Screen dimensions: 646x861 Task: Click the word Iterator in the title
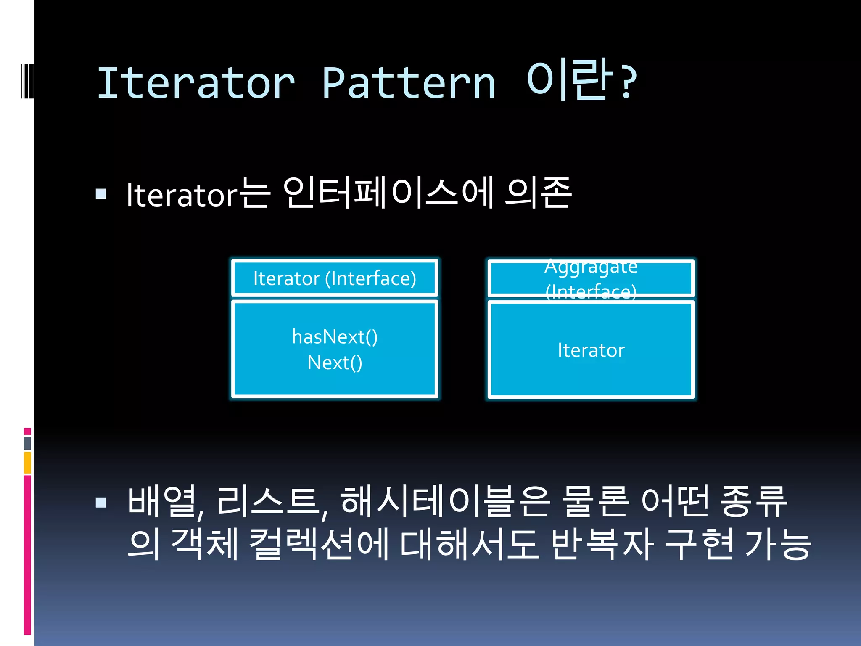[196, 83]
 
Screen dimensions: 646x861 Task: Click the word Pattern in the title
[409, 83]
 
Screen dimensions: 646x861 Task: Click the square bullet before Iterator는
[101, 193]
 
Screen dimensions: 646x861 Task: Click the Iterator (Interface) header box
[335, 278]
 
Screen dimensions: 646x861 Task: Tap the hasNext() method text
[335, 336]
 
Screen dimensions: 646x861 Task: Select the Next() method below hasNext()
[335, 363]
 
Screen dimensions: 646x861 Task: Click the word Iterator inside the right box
[591, 350]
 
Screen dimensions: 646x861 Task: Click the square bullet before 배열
[101, 502]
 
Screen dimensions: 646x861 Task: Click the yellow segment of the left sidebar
[27, 463]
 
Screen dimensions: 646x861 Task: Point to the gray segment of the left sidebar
[27, 443]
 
